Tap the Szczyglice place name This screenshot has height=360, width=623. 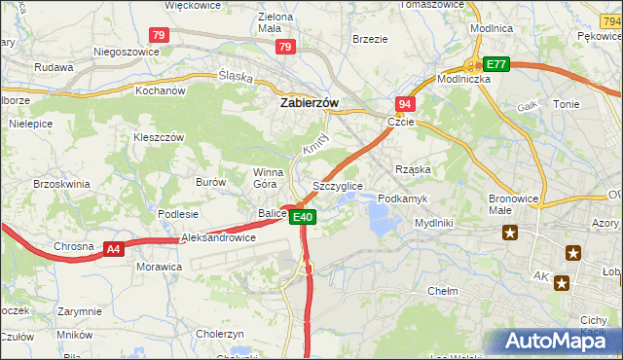(338, 185)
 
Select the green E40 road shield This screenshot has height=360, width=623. (302, 217)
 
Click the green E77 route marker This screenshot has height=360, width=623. (497, 64)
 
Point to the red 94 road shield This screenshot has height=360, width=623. (405, 103)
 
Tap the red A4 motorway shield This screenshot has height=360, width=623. (114, 250)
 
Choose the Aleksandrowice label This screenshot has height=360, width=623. (218, 237)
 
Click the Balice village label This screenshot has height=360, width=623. (272, 213)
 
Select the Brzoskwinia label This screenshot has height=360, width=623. (61, 183)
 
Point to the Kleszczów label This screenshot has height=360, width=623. (159, 137)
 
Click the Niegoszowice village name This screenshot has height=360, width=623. (126, 52)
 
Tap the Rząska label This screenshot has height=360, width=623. (413, 169)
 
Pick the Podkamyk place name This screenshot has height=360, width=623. (402, 198)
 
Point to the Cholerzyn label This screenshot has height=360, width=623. (219, 333)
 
